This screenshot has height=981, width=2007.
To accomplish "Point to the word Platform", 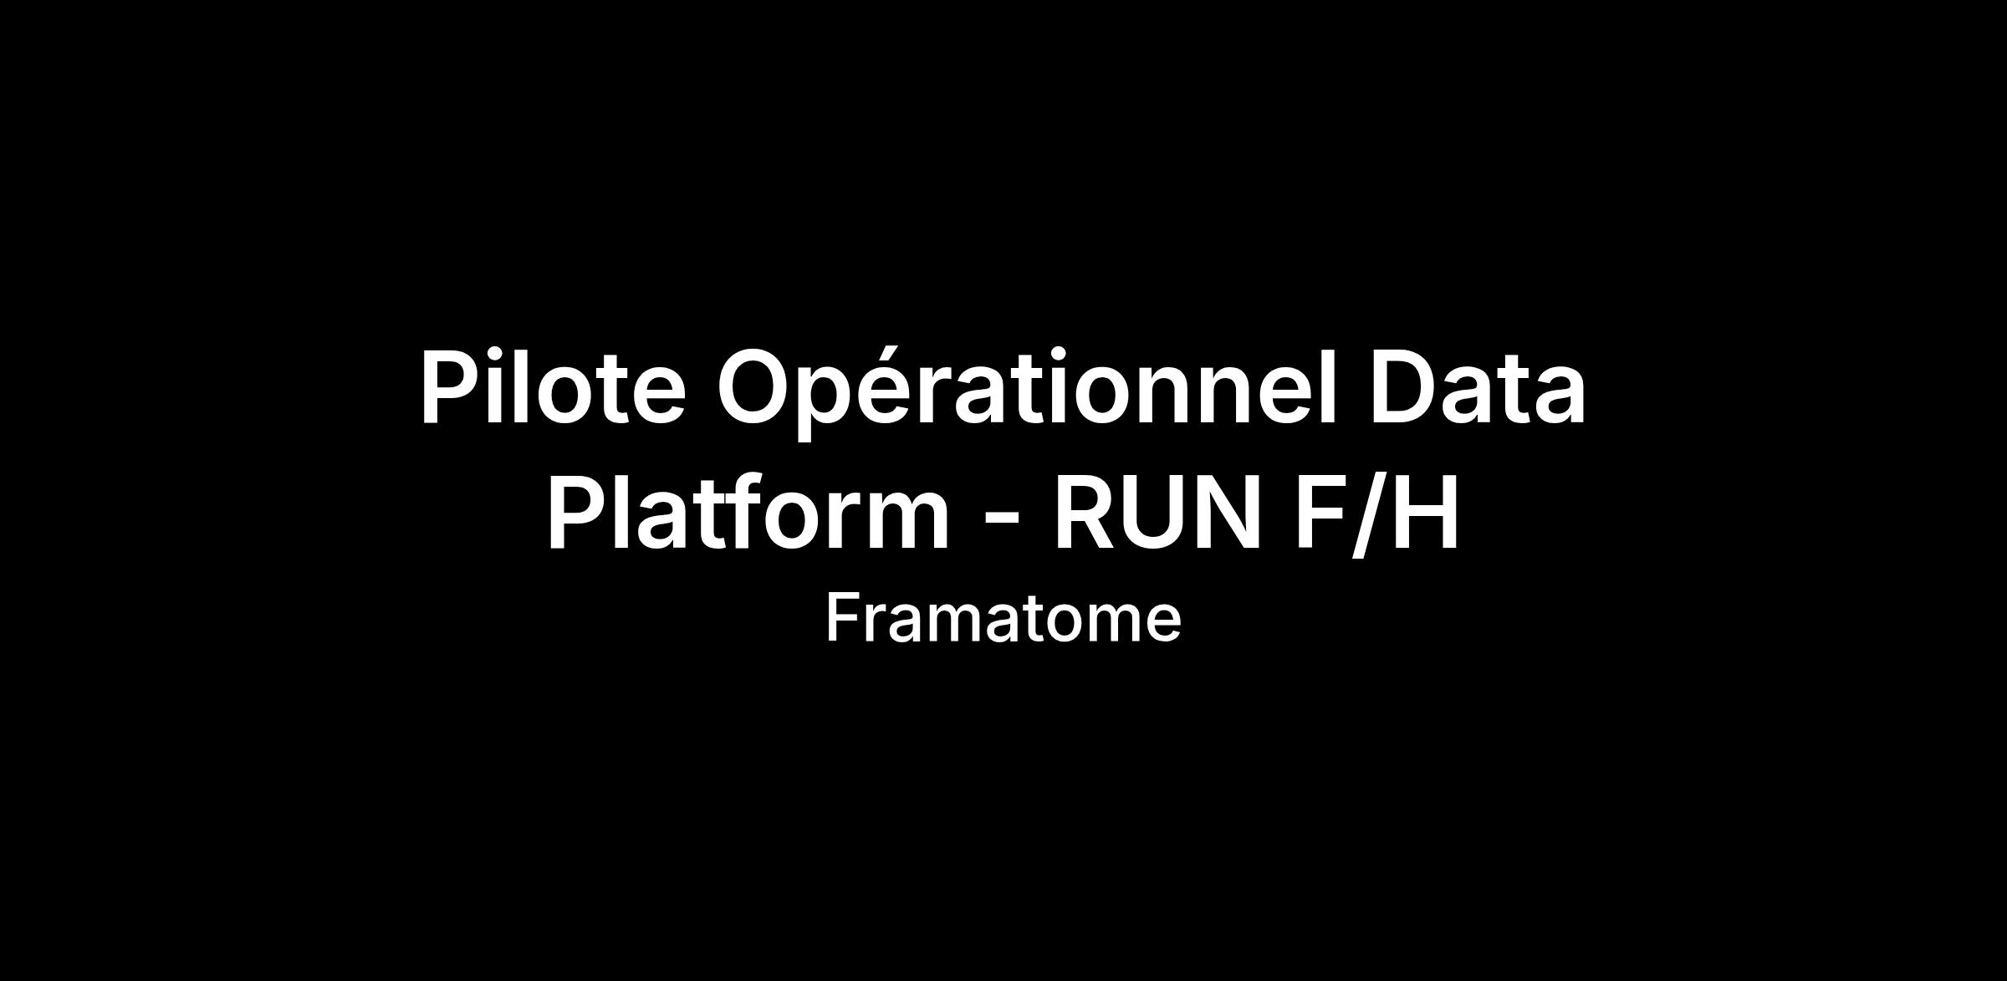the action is [748, 511].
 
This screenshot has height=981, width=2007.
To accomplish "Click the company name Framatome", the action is [1004, 618].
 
